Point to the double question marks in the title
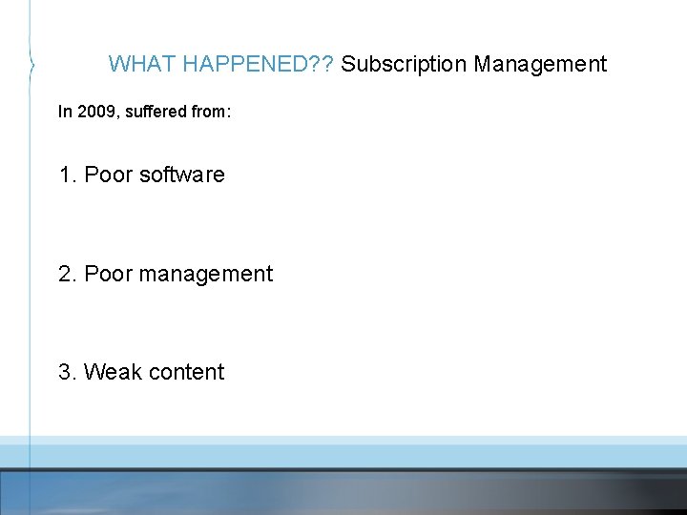point(325,64)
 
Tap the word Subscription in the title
point(404,64)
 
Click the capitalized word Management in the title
point(540,64)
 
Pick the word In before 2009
point(65,112)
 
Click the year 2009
point(94,112)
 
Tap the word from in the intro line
point(210,112)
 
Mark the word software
point(181,175)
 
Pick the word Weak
point(110,372)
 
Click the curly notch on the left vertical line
point(32,65)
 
